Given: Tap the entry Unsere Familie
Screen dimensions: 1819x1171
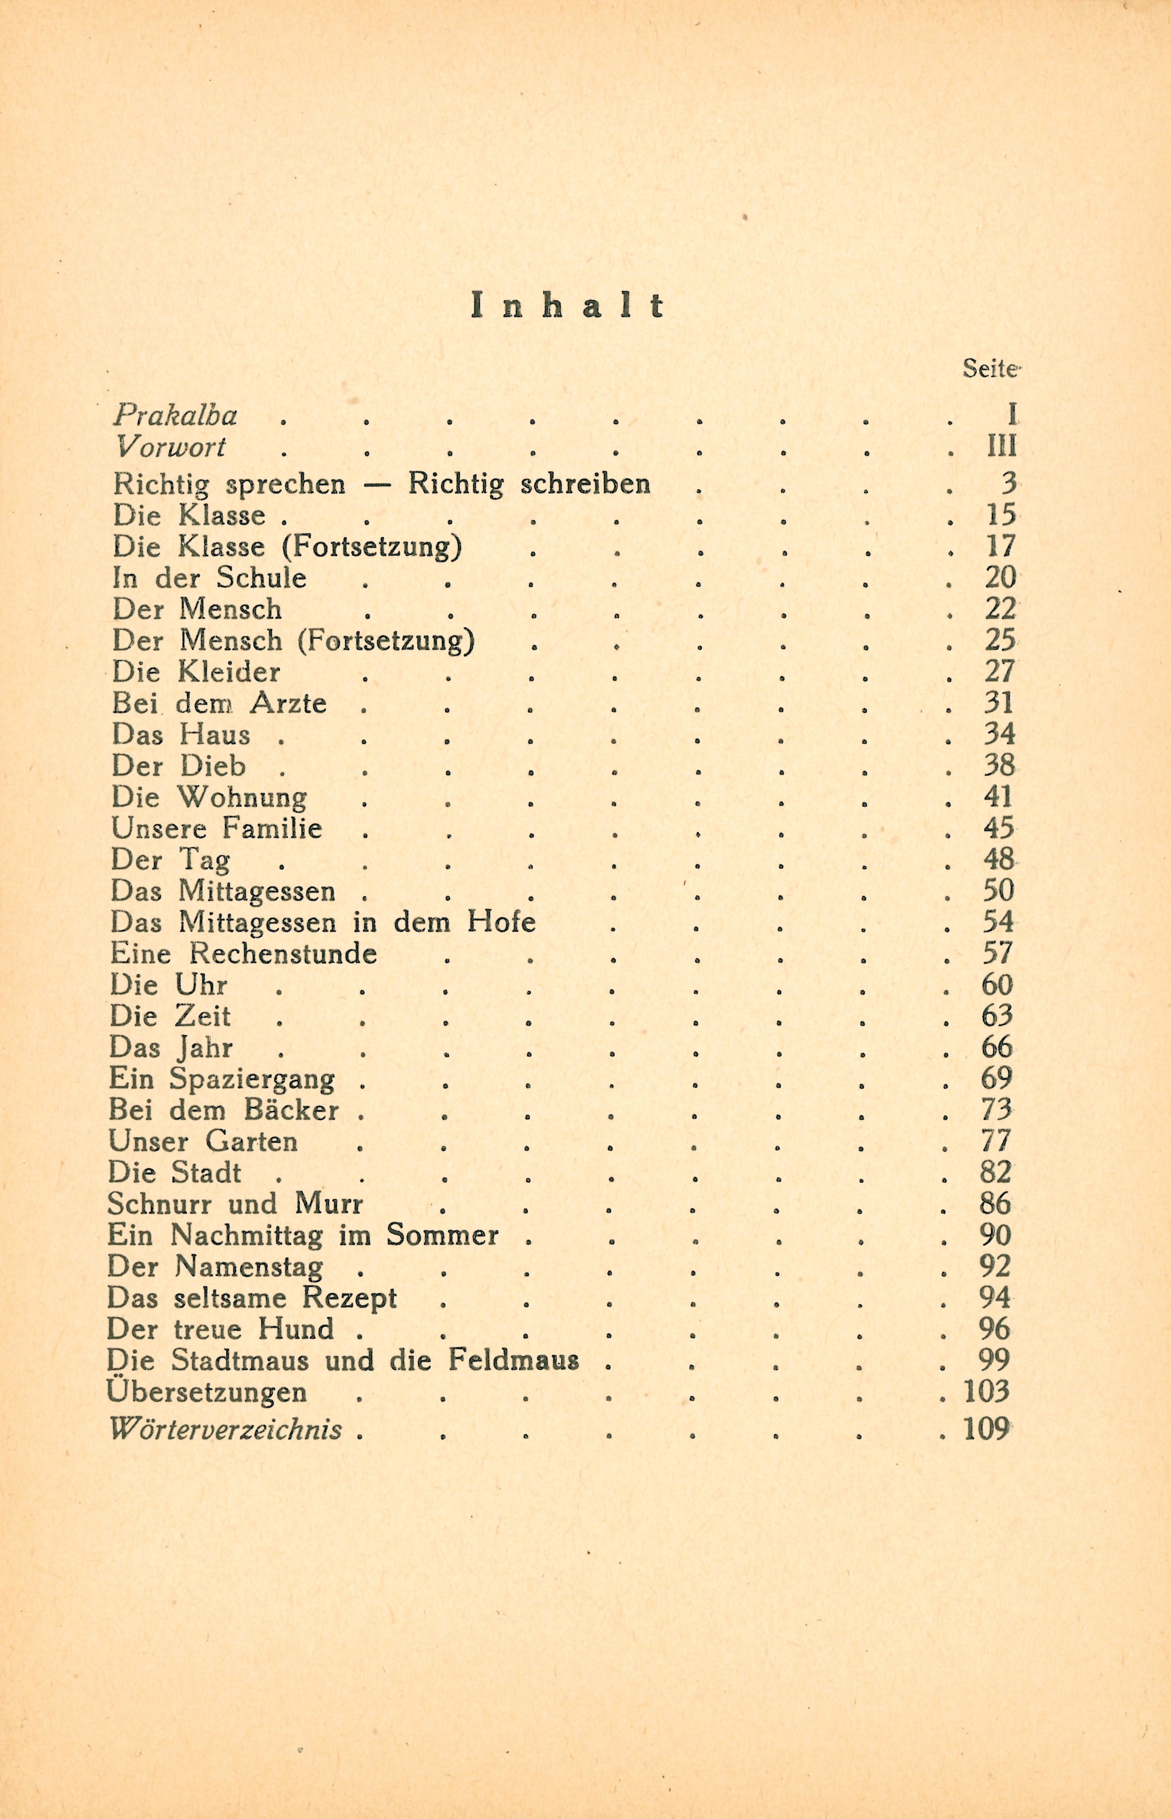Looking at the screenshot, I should (217, 828).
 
